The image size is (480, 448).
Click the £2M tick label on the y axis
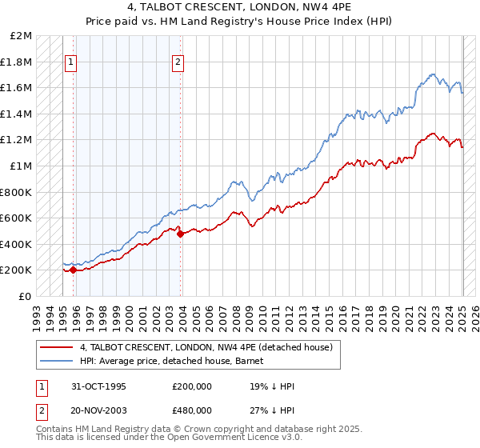22,36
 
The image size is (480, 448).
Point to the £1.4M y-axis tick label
18,114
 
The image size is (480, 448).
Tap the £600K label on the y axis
18,218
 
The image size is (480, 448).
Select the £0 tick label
26,296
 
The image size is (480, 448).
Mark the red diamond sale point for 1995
73,270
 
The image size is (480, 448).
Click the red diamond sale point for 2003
180,234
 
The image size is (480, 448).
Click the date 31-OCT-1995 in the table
99,386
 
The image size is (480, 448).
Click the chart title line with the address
240,6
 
